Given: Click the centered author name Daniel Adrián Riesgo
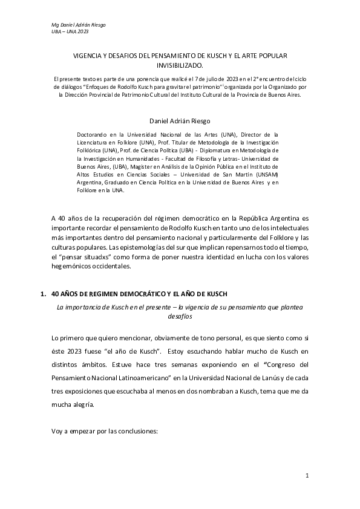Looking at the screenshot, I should [x=180, y=122].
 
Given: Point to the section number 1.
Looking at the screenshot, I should [x=42, y=294].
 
